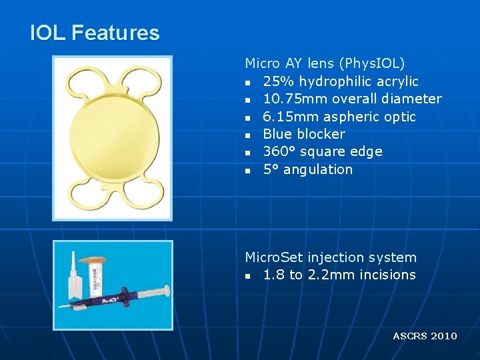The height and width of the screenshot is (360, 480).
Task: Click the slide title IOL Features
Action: point(95,33)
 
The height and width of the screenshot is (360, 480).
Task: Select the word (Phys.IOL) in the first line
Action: point(372,64)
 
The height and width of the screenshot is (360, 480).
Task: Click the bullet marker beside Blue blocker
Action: point(247,135)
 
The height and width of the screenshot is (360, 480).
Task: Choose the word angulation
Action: point(317,169)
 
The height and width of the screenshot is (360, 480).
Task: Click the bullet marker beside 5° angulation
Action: point(247,170)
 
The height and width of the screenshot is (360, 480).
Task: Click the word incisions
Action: point(387,275)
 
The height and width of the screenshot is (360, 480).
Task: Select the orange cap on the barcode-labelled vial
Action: point(97,256)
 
